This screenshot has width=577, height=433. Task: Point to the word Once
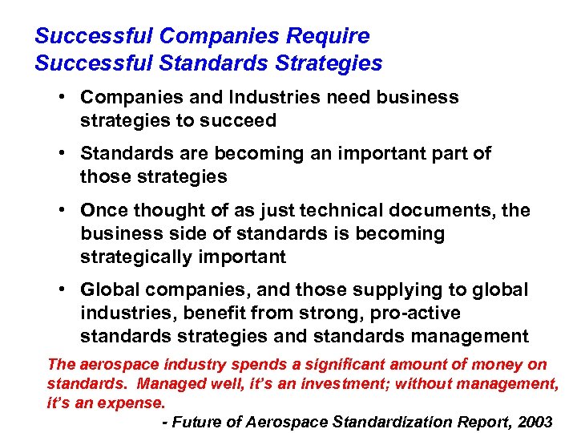[x=103, y=210]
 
